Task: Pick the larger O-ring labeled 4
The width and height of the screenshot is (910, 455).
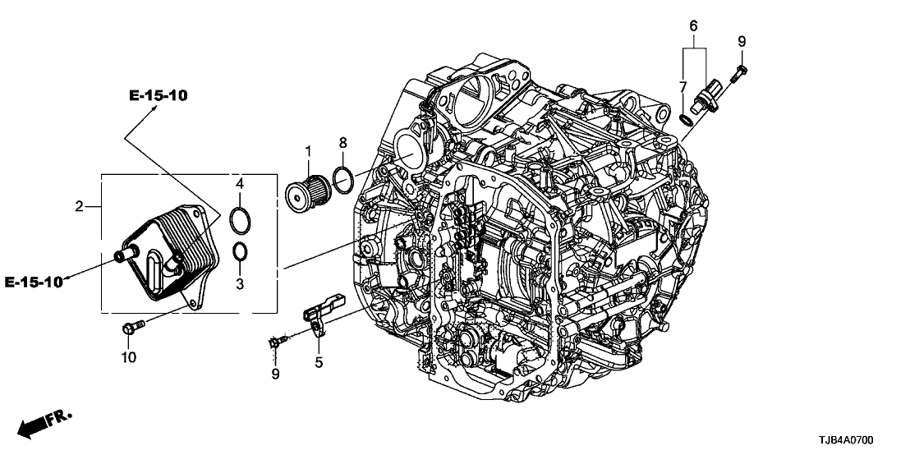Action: (x=241, y=221)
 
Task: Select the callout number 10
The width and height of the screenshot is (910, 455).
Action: (x=129, y=357)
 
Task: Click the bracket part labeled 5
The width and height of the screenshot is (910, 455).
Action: (x=319, y=317)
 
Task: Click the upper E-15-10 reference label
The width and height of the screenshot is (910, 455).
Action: (x=159, y=96)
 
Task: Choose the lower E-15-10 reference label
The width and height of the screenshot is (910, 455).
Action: (x=34, y=283)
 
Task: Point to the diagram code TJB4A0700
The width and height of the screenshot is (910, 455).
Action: (x=860, y=440)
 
